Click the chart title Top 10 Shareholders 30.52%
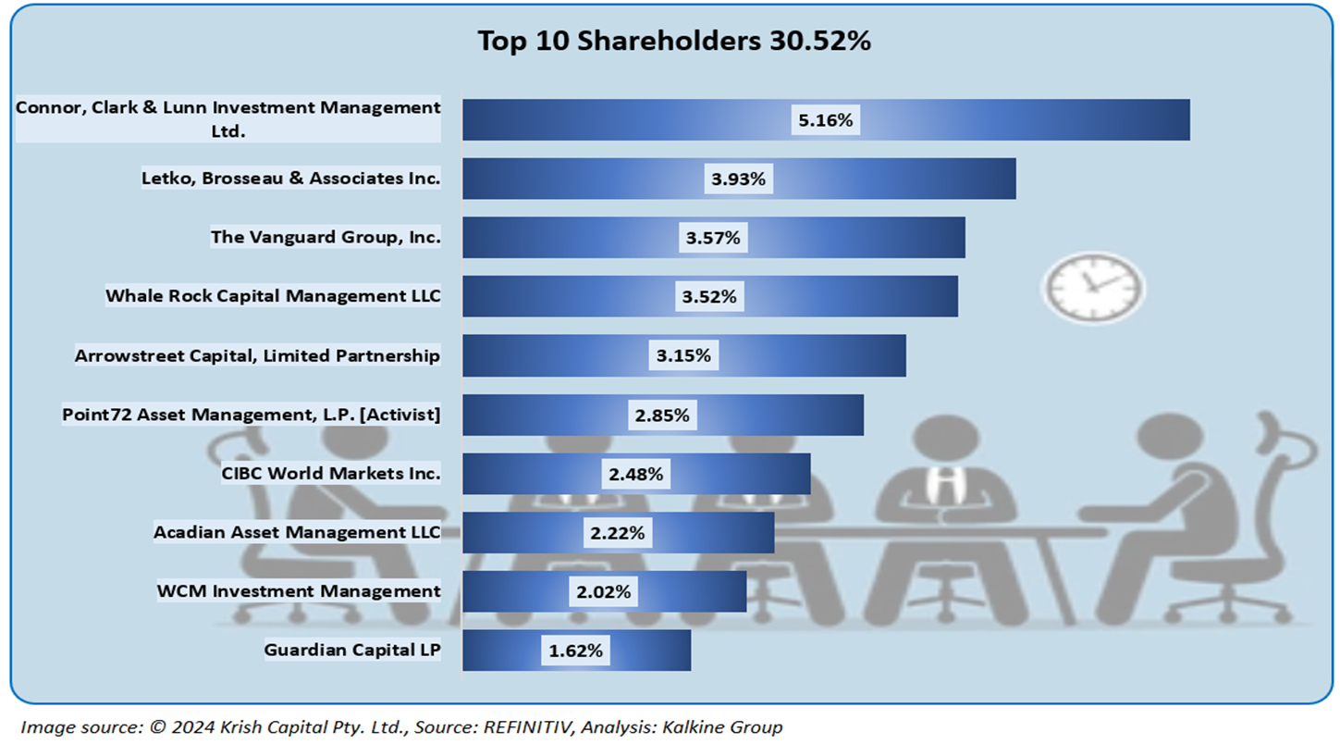[x=674, y=41]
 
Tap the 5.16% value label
[x=825, y=119]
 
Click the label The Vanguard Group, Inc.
[x=326, y=237]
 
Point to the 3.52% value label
[x=709, y=297]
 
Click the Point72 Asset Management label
[x=251, y=415]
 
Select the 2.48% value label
[x=635, y=474]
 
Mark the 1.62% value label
[x=575, y=651]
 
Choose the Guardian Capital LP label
[x=352, y=650]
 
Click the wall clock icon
[x=1092, y=288]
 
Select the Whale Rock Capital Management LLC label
[x=273, y=296]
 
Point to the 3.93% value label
[x=738, y=179]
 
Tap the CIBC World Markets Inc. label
[x=331, y=474]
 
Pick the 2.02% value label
[x=603, y=591]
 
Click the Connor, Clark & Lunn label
[x=227, y=118]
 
